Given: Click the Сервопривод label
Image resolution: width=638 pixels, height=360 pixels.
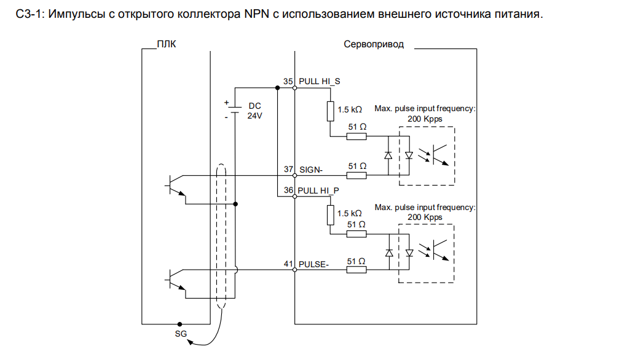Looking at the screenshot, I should tap(374, 44).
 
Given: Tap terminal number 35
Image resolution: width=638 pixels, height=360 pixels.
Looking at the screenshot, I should tap(288, 81).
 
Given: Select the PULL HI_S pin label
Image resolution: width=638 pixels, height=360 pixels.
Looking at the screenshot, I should tap(320, 81).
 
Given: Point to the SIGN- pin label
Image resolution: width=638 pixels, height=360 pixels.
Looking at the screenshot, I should tap(310, 169).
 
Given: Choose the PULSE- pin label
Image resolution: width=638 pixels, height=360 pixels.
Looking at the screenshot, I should tap(314, 264).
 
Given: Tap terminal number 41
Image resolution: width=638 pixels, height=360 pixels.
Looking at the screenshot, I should tap(288, 264).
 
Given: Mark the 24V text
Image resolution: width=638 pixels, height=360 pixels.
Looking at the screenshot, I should tap(254, 115).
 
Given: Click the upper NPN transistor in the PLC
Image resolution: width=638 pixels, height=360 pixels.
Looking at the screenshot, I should tap(177, 184).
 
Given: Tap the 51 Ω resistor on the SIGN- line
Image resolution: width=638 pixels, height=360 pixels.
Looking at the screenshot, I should tap(356, 176).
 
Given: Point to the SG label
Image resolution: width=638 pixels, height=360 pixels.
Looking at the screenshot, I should tap(179, 334).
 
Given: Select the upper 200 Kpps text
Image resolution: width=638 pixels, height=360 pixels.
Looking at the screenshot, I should tap(425, 119).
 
